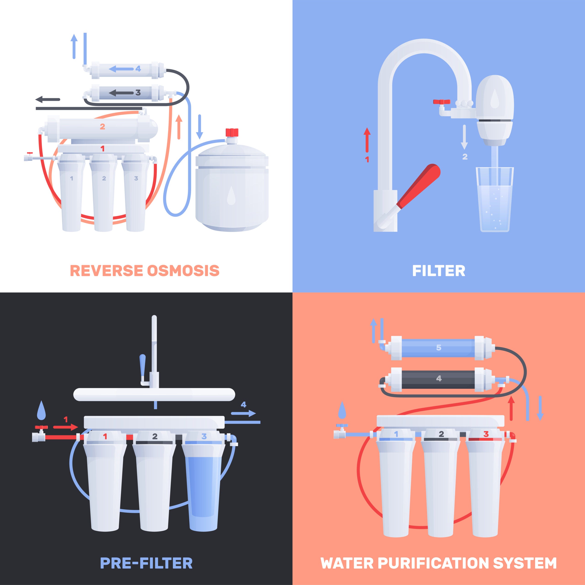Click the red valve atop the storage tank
[x=232, y=132]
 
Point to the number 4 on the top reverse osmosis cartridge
[x=138, y=69]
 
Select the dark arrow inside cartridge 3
[x=121, y=93]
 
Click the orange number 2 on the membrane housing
[x=102, y=127]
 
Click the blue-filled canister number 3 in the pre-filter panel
[x=204, y=484]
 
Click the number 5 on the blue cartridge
[x=439, y=348]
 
